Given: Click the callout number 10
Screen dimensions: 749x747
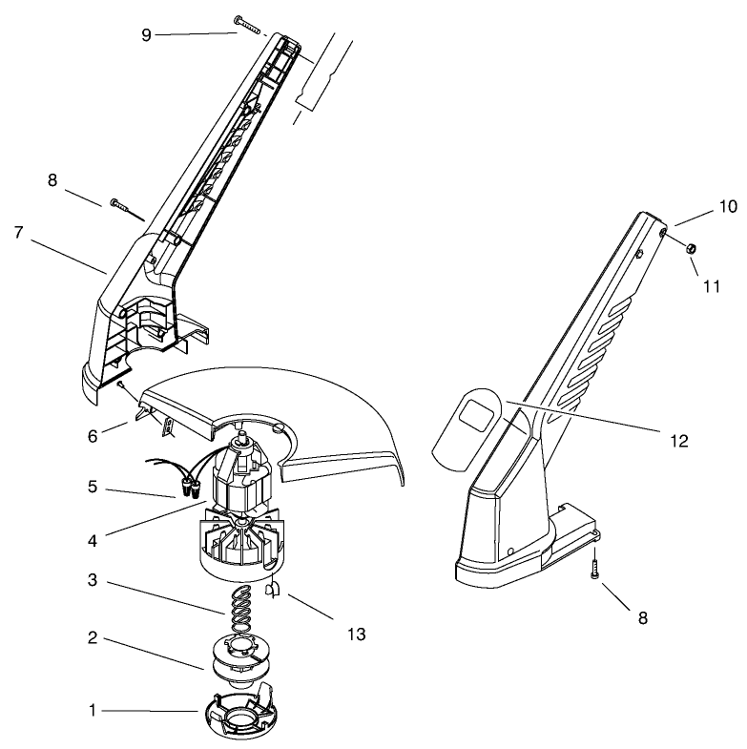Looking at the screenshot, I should [x=728, y=206].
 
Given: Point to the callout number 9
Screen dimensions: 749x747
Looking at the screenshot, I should [x=146, y=34].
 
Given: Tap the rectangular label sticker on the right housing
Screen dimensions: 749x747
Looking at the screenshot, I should [x=474, y=417].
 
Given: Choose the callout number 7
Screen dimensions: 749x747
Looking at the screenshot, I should [x=18, y=232].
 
